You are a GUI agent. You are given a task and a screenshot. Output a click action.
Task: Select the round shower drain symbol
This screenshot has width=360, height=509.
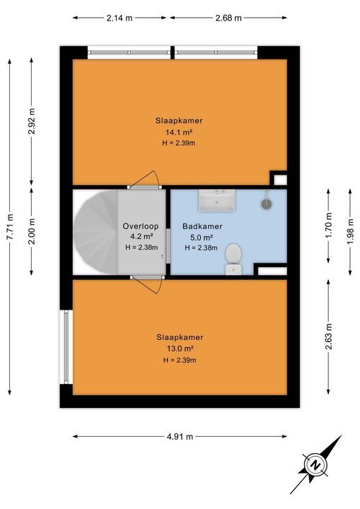pyautogui.click(x=267, y=203)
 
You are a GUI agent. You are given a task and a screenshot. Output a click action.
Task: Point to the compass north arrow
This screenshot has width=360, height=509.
pyautogui.click(x=314, y=464)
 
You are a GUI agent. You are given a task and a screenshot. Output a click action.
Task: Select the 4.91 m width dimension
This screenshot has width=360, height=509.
pyautogui.click(x=180, y=437)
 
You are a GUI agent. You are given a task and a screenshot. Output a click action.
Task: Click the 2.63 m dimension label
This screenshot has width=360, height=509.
pyautogui.click(x=328, y=337)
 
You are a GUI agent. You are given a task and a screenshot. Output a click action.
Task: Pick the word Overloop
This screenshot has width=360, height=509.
pyautogui.click(x=140, y=226)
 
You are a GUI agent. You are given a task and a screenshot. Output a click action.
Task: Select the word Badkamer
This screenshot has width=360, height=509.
pyautogui.click(x=202, y=226)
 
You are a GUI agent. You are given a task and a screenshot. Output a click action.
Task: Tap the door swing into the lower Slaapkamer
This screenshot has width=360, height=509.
pyautogui.click(x=149, y=286)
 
